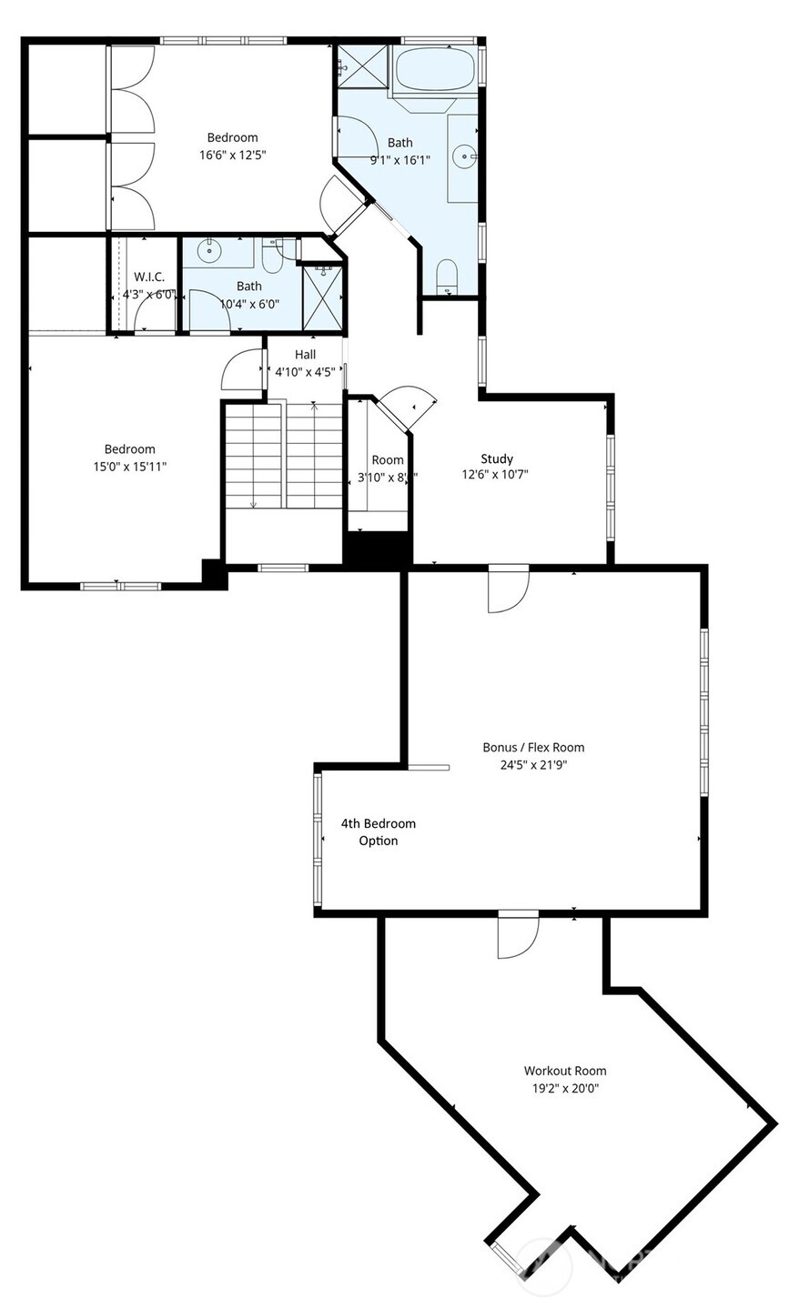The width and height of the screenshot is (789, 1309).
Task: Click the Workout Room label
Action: [x=564, y=1071]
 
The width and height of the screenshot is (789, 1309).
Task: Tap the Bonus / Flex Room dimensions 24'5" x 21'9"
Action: [x=533, y=765]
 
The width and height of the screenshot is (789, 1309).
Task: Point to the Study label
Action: [x=497, y=458]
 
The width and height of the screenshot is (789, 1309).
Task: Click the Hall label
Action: [x=305, y=354]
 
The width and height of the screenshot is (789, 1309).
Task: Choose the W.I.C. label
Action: [x=149, y=277]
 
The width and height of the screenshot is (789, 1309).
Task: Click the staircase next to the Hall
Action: [x=283, y=455]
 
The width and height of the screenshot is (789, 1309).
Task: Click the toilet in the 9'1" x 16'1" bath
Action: [x=446, y=276]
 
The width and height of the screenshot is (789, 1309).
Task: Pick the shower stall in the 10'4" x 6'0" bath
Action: [x=322, y=297]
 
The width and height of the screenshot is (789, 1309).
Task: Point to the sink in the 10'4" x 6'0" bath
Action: [x=210, y=251]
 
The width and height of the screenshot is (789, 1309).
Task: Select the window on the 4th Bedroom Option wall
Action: [x=318, y=839]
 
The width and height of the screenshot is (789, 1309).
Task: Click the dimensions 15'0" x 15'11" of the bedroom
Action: [x=129, y=466]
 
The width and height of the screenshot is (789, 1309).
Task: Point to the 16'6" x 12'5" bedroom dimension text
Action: [x=232, y=155]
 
